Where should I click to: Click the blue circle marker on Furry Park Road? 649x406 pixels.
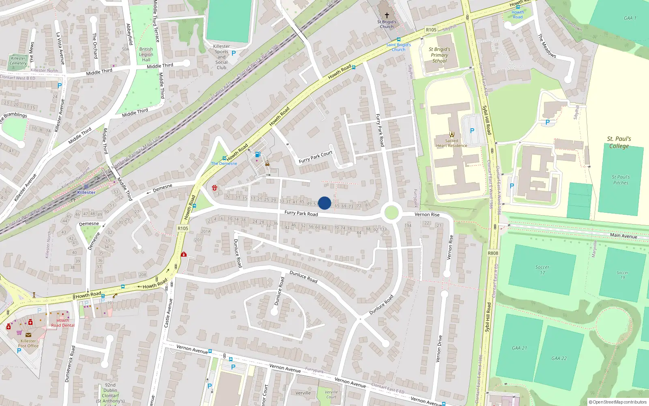(x=324, y=203)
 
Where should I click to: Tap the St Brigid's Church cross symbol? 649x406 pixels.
(x=387, y=15)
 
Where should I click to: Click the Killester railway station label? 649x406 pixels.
(x=86, y=192)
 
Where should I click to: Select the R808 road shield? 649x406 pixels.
(x=493, y=253)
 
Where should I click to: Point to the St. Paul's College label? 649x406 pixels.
(x=619, y=142)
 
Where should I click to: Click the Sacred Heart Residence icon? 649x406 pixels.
(x=451, y=134)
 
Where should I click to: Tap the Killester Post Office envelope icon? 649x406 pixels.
(x=28, y=335)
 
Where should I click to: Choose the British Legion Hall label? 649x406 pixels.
(x=146, y=54)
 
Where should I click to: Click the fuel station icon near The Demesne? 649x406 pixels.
(x=257, y=154)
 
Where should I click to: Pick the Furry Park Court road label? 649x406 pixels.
(x=316, y=157)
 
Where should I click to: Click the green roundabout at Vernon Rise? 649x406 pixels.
(x=391, y=212)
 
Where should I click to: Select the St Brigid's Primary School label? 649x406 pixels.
(x=439, y=55)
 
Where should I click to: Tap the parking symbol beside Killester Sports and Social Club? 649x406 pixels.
(x=234, y=53)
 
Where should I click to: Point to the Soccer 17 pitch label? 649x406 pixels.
(x=542, y=270)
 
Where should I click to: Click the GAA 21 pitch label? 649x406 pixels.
(x=519, y=348)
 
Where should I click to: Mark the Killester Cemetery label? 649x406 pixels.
(x=18, y=60)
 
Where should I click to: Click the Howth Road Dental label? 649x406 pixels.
(x=63, y=323)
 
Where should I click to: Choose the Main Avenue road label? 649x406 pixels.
(x=623, y=235)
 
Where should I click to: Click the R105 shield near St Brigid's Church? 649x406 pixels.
(x=431, y=30)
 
